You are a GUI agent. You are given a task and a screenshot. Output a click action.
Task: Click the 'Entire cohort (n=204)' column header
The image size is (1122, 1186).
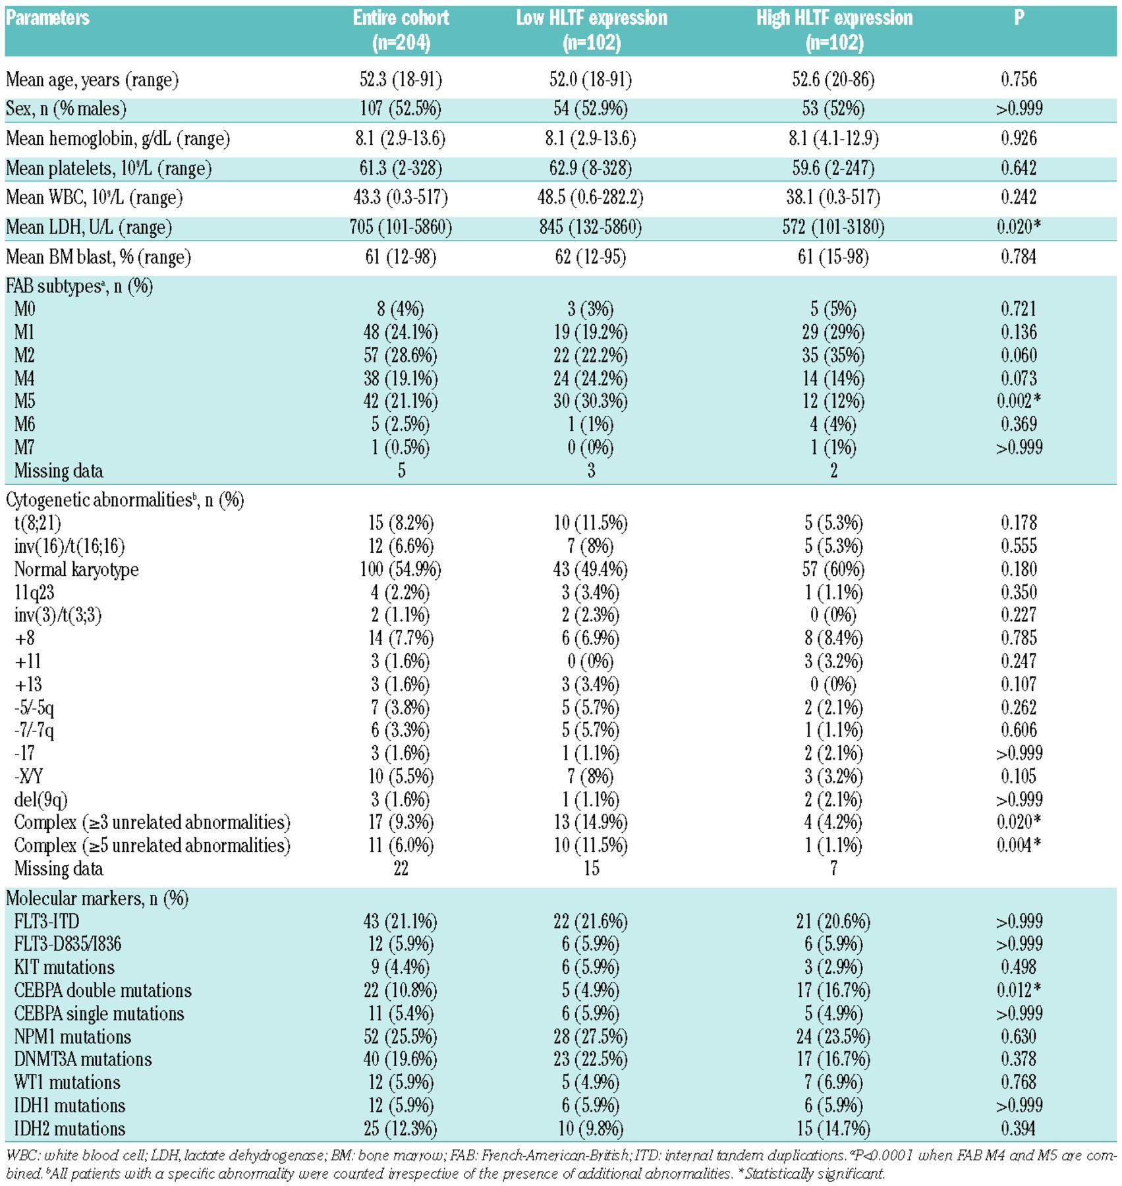pyautogui.click(x=401, y=30)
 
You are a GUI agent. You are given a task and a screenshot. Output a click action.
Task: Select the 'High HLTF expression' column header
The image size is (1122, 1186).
pyautogui.click(x=834, y=30)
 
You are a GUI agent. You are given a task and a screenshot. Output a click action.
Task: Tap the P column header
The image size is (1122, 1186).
pyautogui.click(x=1019, y=18)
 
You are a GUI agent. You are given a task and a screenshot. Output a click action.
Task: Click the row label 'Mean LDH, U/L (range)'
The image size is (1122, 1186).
pyautogui.click(x=89, y=227)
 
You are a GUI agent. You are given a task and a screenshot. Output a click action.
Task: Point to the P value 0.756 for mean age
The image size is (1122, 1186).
pyautogui.click(x=1019, y=80)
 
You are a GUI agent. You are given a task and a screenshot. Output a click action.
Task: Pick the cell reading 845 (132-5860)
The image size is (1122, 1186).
pyautogui.click(x=590, y=227)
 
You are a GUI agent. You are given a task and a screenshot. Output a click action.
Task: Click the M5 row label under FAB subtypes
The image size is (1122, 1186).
pyautogui.click(x=25, y=401)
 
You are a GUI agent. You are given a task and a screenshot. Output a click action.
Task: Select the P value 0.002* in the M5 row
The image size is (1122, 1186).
pyautogui.click(x=1019, y=401)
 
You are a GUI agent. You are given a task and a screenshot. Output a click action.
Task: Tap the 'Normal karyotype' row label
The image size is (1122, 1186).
pyautogui.click(x=76, y=569)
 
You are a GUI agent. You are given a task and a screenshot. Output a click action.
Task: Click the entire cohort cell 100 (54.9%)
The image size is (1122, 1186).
pyautogui.click(x=401, y=569)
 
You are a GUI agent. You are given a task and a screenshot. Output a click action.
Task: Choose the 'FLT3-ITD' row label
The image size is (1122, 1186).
pyautogui.click(x=47, y=921)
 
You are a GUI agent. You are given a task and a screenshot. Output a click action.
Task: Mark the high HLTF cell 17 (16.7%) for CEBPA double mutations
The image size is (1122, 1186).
pyautogui.click(x=833, y=990)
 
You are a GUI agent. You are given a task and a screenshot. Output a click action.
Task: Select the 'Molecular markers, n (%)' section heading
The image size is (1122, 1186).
pyautogui.click(x=98, y=898)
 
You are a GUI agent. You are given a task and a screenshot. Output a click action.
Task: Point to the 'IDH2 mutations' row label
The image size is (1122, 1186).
pyautogui.click(x=70, y=1129)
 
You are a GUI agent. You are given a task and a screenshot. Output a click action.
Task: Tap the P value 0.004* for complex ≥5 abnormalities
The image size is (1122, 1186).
pyautogui.click(x=1019, y=845)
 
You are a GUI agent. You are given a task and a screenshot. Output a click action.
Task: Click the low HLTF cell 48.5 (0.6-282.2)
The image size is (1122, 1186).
pyautogui.click(x=590, y=198)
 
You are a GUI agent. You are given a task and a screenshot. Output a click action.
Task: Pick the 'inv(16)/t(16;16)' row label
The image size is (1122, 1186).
pyautogui.click(x=69, y=546)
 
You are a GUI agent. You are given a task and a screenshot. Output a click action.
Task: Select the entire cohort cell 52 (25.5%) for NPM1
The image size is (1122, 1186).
pyautogui.click(x=401, y=1036)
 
